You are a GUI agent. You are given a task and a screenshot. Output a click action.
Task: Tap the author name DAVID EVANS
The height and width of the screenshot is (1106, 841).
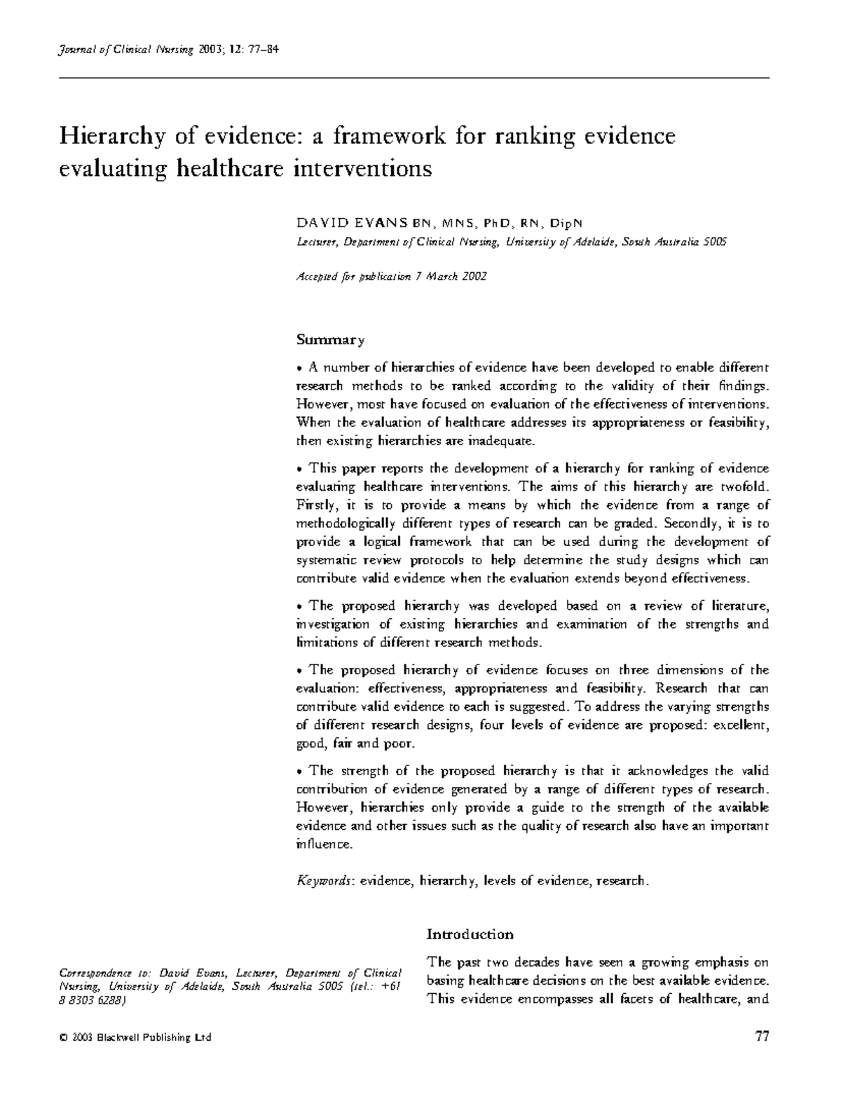tap(352, 223)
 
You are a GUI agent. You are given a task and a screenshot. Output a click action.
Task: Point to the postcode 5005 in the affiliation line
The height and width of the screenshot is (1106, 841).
tap(713, 242)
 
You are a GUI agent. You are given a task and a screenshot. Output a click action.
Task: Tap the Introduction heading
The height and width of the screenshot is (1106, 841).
tap(470, 934)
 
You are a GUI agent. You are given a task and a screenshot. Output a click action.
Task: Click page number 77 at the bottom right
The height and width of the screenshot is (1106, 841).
tap(762, 1037)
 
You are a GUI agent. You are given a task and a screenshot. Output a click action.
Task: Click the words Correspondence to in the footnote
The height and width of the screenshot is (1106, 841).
tap(105, 974)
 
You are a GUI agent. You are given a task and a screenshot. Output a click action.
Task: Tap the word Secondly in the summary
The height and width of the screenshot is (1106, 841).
tap(689, 524)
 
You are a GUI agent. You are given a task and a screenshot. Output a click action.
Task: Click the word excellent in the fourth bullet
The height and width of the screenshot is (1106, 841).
tap(741, 725)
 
